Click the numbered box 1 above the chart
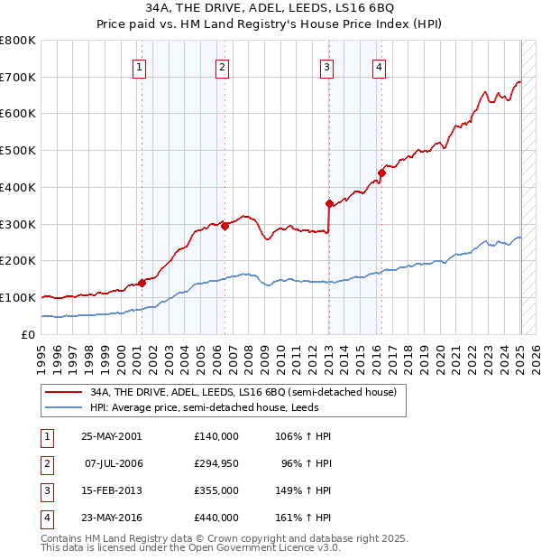pos(140,66)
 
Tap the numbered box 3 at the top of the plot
pos(326,66)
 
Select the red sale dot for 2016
pos(381,173)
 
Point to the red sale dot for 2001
pos(142,283)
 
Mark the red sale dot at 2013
pos(329,203)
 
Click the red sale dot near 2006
pos(225,226)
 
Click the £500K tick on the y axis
pos(19,151)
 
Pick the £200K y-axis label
pos(19,261)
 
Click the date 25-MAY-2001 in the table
pos(112,436)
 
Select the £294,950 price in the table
pos(216,463)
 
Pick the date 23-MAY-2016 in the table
pos(112,518)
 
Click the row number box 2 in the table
pos(46,463)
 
